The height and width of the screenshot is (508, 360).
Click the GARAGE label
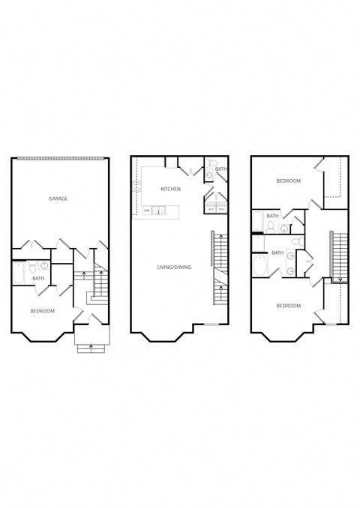click(58, 199)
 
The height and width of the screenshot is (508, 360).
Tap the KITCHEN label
click(170, 189)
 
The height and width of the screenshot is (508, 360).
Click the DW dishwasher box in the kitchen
click(147, 211)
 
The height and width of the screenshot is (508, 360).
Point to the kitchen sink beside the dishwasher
click(160, 211)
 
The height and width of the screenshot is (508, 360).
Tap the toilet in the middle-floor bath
click(212, 163)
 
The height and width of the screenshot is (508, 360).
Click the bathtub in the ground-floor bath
click(19, 273)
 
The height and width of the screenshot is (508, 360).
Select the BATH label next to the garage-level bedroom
click(38, 279)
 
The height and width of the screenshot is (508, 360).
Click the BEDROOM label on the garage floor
click(41, 309)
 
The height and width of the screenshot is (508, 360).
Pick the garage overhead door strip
click(58, 157)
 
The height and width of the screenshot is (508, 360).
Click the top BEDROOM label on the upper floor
click(288, 181)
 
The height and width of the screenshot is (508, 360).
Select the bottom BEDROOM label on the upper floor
click(288, 306)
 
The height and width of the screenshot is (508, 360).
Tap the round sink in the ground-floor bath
click(44, 265)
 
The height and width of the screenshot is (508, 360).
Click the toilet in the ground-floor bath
click(32, 265)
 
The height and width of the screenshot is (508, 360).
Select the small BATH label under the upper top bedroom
click(272, 216)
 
